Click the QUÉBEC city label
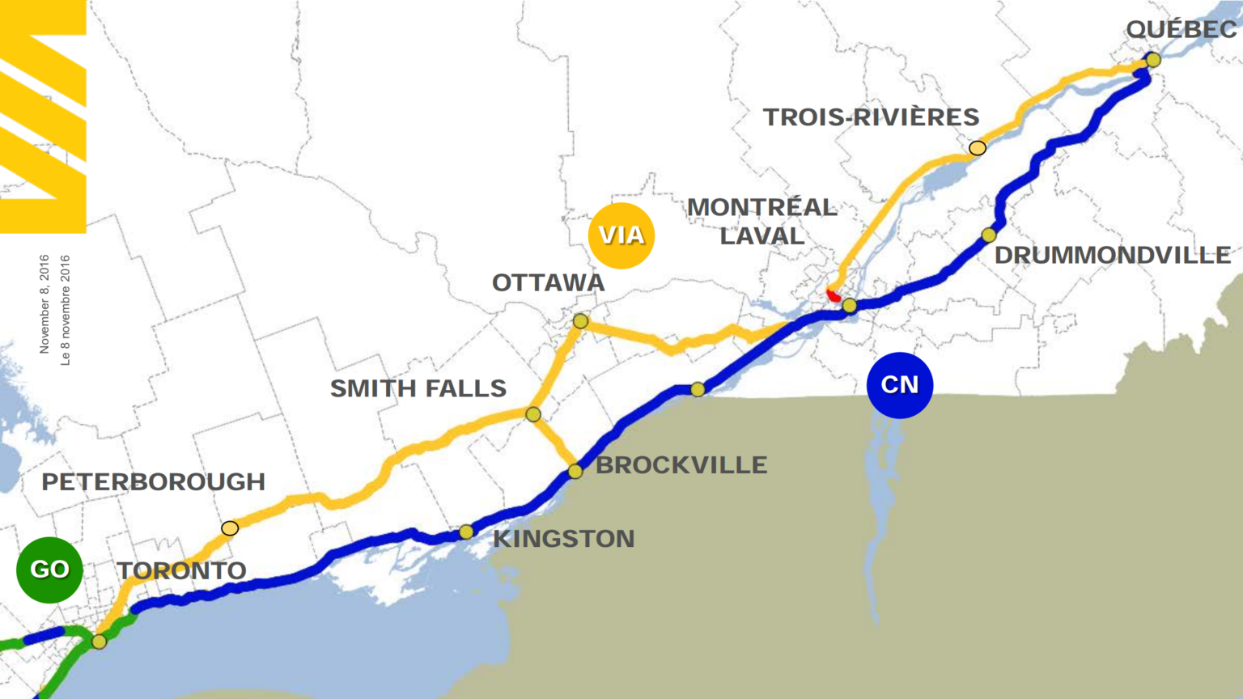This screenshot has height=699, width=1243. pos(1181,29)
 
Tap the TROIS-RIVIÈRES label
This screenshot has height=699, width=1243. pos(871,117)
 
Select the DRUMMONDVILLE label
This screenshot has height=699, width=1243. pos(1112,256)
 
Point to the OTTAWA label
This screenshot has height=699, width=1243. pos(548,283)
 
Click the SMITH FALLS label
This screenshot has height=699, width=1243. pos(418,388)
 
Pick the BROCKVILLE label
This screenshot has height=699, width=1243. pos(681,465)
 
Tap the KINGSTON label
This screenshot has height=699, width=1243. pos(563,539)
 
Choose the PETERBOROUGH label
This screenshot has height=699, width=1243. pos(153,482)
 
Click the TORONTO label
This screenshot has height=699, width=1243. pos(181,571)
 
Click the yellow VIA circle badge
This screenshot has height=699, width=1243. pos(621,235)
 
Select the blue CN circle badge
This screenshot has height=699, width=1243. pos(899,385)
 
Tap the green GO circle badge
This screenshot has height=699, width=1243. pos(49,570)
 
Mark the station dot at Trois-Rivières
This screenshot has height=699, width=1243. pos(978,148)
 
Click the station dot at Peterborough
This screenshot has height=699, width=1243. pos(230,528)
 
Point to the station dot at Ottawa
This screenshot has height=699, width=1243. pos(580,321)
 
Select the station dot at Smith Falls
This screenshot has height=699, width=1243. pos(532,414)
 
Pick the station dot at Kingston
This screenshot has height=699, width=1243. pos(466,532)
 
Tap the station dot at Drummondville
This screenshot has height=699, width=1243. pos(988,235)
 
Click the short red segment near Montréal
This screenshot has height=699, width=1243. pos(833,295)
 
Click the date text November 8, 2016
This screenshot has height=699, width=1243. pos(45,304)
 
